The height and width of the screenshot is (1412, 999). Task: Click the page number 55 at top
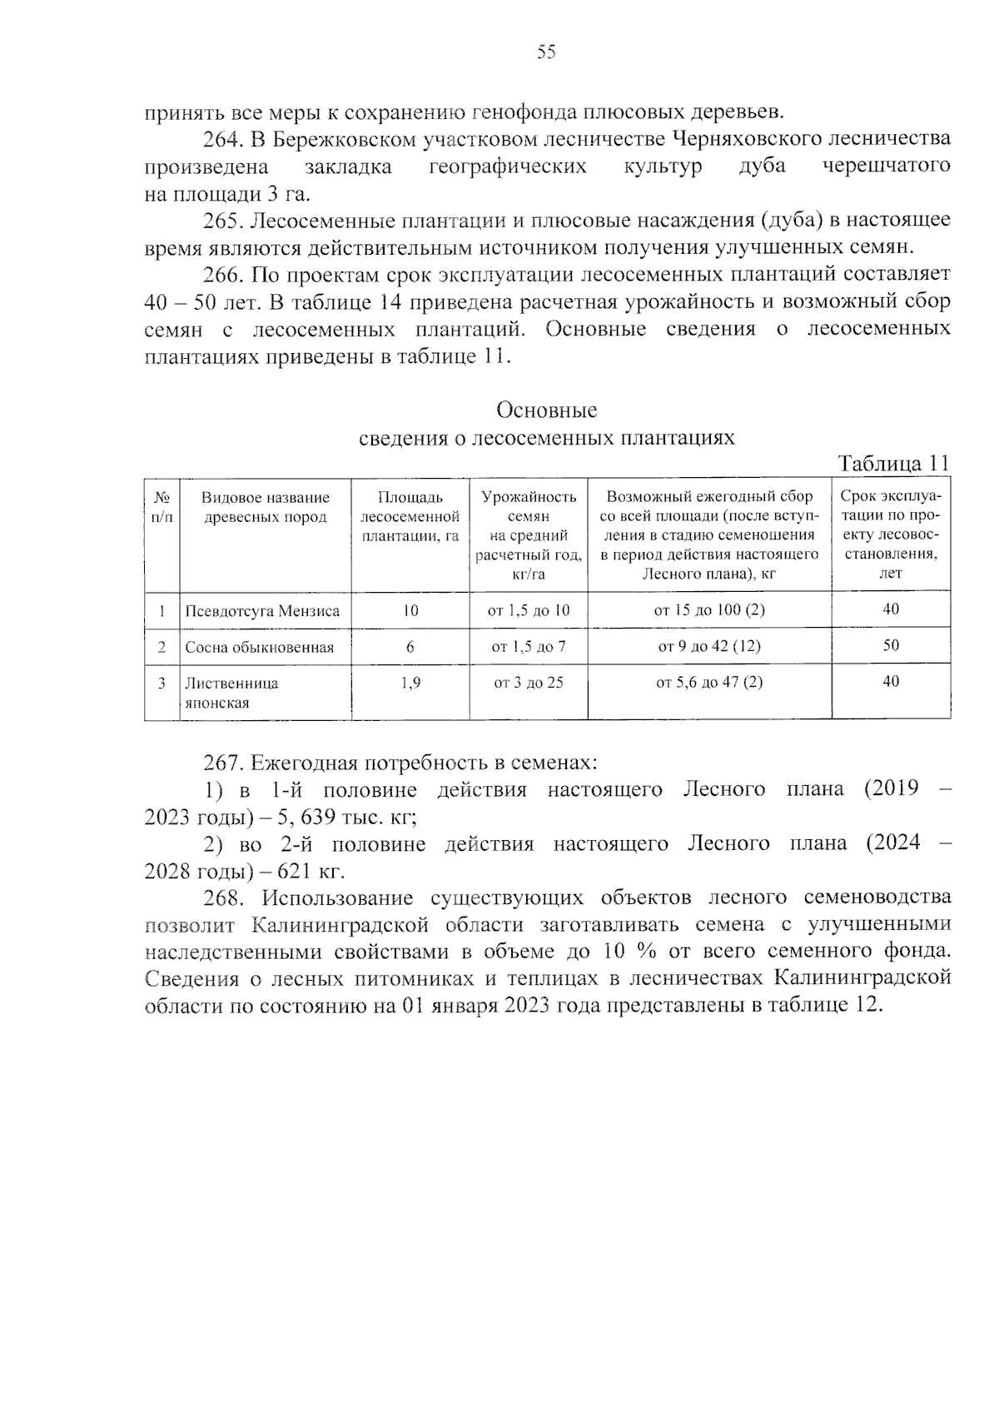546,52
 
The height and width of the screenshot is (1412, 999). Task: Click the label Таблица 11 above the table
892,463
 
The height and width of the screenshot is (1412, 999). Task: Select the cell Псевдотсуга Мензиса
262,611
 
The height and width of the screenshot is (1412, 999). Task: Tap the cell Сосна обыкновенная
259,648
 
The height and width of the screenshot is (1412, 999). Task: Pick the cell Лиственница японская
232,693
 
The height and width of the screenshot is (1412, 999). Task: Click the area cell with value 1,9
410,683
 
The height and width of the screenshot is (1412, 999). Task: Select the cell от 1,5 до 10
529,610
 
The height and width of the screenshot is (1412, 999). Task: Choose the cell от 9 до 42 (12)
709,646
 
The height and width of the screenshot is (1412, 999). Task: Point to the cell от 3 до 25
529,683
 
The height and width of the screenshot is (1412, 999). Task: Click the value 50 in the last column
891,645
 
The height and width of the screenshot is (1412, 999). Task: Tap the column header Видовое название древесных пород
266,507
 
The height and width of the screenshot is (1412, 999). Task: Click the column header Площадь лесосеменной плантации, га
410,516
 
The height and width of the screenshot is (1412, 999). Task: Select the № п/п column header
162,507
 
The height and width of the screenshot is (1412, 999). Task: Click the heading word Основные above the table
547,410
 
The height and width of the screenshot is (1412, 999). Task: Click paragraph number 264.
223,138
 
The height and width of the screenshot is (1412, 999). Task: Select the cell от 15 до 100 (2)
709,609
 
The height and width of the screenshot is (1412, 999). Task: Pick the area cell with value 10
410,610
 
